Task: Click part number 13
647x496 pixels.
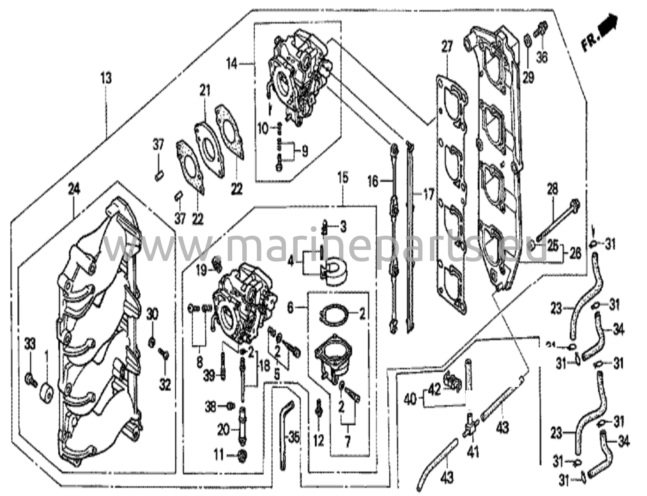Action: click(x=106, y=78)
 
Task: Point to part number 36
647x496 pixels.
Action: click(x=542, y=57)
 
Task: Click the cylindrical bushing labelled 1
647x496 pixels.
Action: click(x=47, y=393)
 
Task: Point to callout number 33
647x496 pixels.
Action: click(x=30, y=343)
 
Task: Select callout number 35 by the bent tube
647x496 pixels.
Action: click(x=294, y=439)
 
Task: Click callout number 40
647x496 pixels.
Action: click(x=410, y=401)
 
